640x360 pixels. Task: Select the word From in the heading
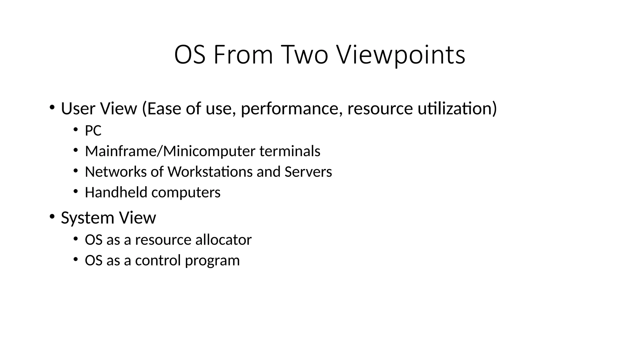[243, 55]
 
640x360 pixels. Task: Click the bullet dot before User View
[52, 107]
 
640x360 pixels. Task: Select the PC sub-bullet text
[93, 131]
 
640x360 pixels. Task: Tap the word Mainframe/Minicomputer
[170, 151]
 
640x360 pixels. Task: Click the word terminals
[290, 151]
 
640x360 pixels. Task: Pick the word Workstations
[210, 172]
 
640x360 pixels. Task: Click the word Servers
[308, 172]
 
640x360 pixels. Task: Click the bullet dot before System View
[52, 216]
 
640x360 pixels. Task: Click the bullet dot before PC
[75, 130]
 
